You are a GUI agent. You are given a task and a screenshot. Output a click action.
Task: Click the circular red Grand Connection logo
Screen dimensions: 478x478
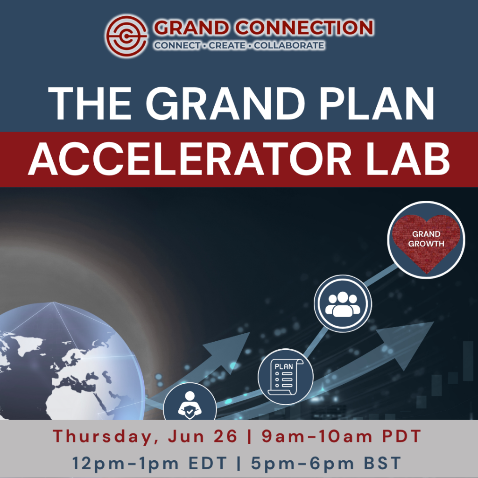[127, 34]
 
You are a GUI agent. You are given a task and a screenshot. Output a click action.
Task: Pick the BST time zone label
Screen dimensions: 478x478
[379, 464]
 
